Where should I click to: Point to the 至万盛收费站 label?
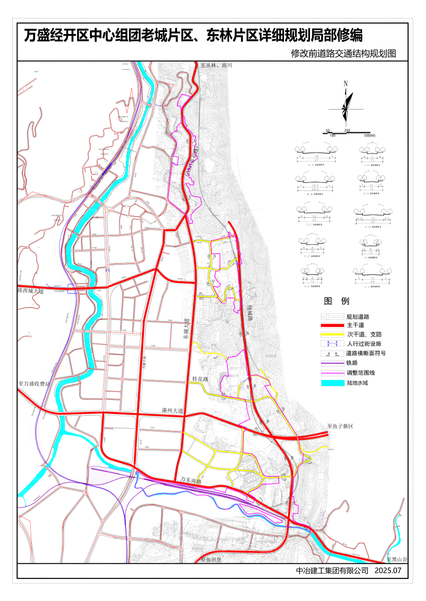click(x=34, y=384)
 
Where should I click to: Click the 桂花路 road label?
click(x=201, y=379)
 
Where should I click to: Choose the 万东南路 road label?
click(x=191, y=481)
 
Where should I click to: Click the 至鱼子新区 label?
click(x=341, y=426)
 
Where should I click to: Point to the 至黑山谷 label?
click(x=397, y=559)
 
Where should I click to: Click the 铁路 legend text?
click(x=352, y=363)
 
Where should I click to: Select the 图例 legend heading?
click(x=337, y=301)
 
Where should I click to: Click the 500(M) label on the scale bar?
click(x=370, y=136)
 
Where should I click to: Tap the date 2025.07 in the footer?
click(x=388, y=570)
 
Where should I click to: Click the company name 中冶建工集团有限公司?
click(x=332, y=570)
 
